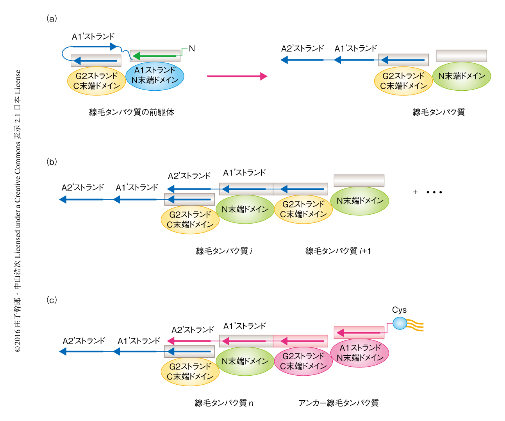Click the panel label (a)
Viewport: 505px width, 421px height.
pyautogui.click(x=52, y=18)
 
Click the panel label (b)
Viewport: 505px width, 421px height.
pyautogui.click(x=52, y=162)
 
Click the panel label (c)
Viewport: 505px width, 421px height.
pyautogui.click(x=52, y=300)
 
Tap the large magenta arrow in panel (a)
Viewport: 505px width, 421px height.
pyautogui.click(x=237, y=76)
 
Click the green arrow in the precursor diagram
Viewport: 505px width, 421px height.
pyautogui.click(x=156, y=56)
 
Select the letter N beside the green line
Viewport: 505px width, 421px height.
pyautogui.click(x=192, y=48)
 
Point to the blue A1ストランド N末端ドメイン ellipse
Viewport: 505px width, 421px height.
pyautogui.click(x=155, y=75)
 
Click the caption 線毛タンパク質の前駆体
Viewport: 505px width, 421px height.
pyautogui.click(x=132, y=112)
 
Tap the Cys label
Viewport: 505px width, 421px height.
pyautogui.click(x=399, y=310)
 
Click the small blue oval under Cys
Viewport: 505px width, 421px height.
pyautogui.click(x=400, y=323)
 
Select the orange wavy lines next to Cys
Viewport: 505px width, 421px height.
pyautogui.click(x=415, y=325)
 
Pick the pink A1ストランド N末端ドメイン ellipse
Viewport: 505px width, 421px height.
pyautogui.click(x=360, y=353)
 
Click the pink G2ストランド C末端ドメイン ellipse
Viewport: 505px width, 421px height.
pyautogui.click(x=303, y=361)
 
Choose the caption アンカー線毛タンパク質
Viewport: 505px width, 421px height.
pyautogui.click(x=338, y=403)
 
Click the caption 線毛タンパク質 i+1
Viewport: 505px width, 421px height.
pyautogui.click(x=338, y=251)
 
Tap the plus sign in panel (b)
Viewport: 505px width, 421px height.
pyautogui.click(x=415, y=192)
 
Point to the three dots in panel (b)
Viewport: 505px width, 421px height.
pyautogui.click(x=434, y=192)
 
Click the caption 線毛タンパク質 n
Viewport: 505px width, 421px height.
pyautogui.click(x=224, y=403)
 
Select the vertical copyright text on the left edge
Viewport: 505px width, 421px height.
pyautogui.click(x=18, y=211)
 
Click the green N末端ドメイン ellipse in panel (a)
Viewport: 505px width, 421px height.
pyautogui.click(x=461, y=76)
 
